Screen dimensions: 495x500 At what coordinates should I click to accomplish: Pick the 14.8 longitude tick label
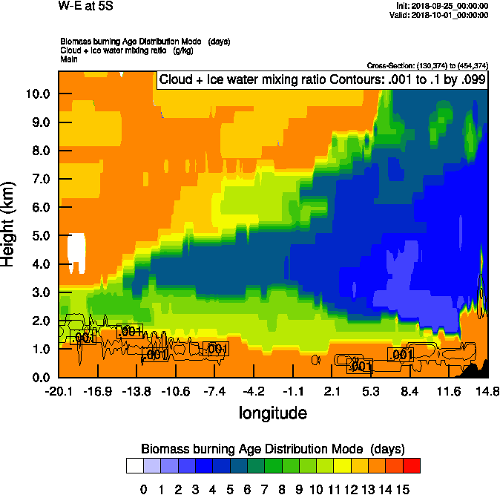[x=487, y=391]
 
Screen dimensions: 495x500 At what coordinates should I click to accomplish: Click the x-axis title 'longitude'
[x=272, y=412]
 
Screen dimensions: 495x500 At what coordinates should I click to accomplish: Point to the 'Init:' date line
[x=443, y=6]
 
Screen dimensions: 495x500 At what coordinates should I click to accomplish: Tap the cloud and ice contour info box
[x=321, y=80]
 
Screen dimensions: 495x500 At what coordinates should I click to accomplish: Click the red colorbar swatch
[x=411, y=466]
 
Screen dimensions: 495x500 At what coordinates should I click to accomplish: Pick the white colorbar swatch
[x=134, y=466]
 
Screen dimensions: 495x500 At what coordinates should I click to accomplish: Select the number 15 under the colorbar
[x=402, y=489]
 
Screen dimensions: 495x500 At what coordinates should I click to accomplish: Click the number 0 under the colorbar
[x=143, y=489]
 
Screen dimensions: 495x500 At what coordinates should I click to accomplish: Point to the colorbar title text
[x=272, y=449]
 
